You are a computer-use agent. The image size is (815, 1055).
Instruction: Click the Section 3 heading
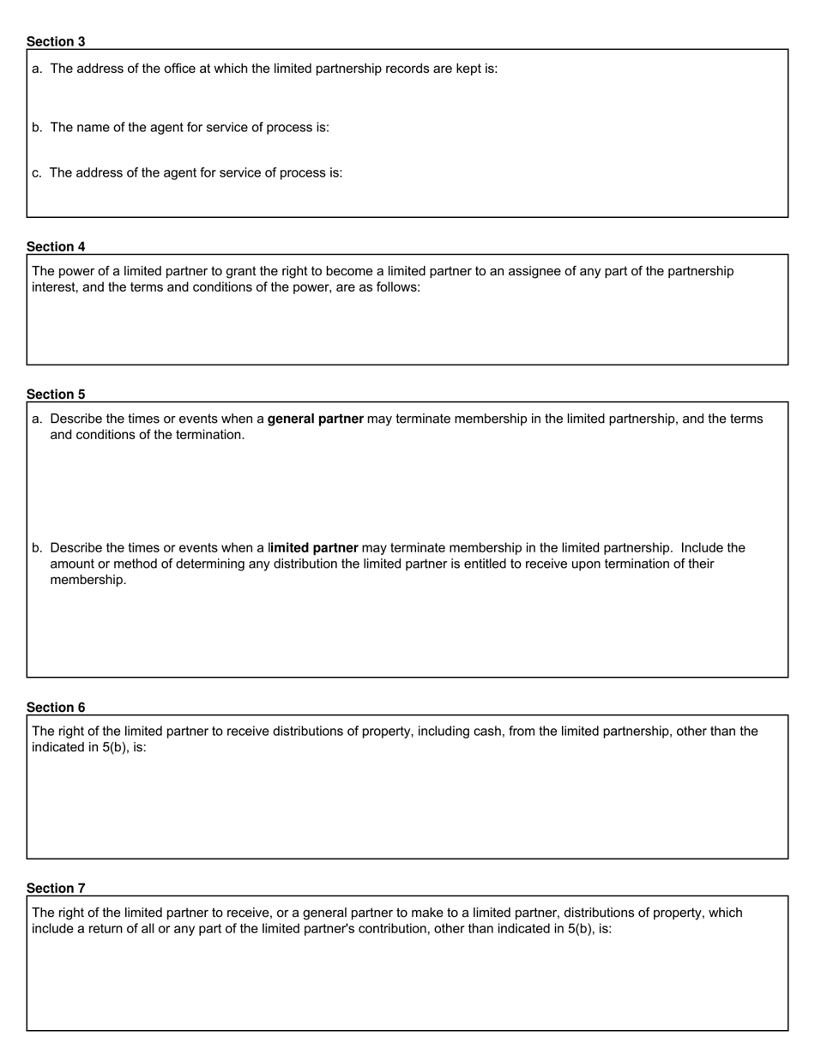click(56, 41)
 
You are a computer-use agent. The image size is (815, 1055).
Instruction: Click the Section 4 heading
click(56, 246)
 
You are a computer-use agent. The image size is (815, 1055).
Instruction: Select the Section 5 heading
click(56, 394)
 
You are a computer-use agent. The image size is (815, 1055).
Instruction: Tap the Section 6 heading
click(56, 707)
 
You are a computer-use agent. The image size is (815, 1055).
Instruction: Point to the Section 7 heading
click(56, 888)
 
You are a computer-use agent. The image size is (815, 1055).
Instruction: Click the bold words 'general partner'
click(315, 419)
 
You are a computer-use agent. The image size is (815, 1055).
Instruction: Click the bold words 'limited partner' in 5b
click(314, 547)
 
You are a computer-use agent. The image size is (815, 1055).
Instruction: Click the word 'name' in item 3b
click(94, 127)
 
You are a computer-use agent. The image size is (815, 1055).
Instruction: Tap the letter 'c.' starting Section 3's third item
click(37, 172)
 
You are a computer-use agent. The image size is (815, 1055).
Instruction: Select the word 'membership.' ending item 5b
click(88, 580)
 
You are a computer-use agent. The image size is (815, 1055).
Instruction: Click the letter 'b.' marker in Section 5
click(37, 547)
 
